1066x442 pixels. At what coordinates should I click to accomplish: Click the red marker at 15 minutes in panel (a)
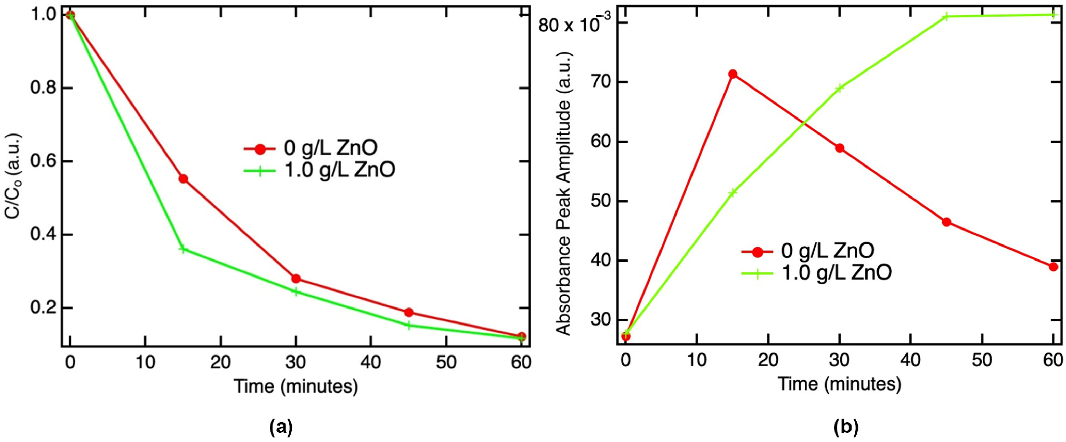(x=183, y=179)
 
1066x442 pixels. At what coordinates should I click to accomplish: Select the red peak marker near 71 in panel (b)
(x=733, y=74)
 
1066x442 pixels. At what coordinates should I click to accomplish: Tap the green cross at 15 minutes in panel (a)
(x=183, y=249)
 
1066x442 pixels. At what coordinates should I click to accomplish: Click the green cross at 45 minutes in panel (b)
(x=946, y=17)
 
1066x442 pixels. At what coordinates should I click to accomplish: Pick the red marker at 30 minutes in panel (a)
(x=296, y=279)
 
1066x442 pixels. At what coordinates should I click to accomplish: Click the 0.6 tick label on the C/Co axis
(x=43, y=161)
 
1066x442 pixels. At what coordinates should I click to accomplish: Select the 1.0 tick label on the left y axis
(x=43, y=15)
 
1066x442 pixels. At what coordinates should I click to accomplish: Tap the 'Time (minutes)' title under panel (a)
(x=296, y=386)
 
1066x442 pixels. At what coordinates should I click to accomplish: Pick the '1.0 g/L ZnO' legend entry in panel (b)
(x=836, y=273)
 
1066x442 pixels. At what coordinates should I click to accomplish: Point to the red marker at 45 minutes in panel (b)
(x=946, y=222)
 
